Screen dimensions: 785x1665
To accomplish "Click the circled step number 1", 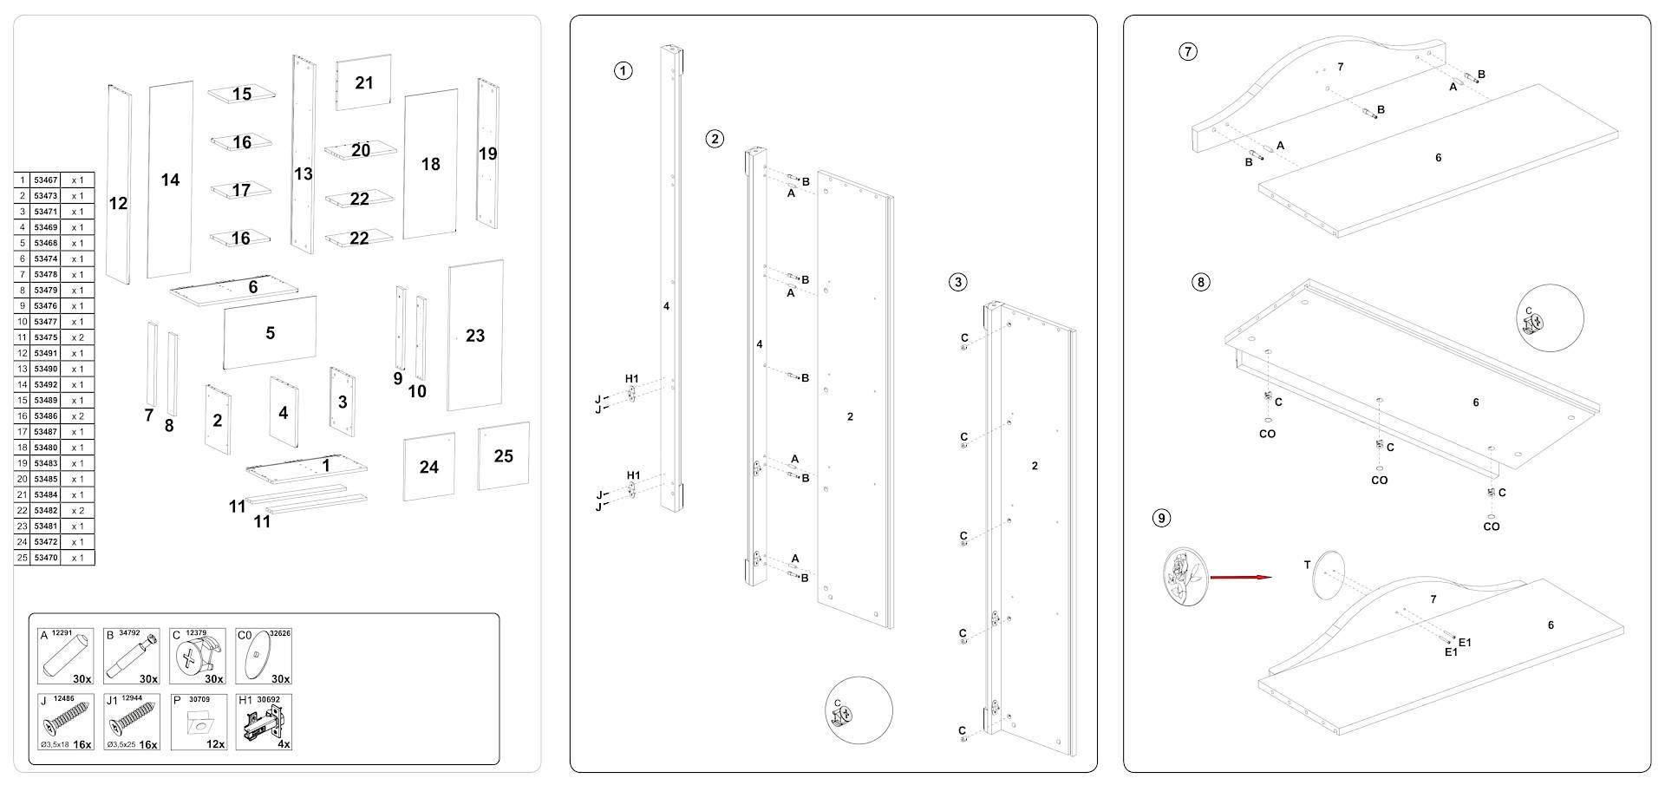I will (623, 71).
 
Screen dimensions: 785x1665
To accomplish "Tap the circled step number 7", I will (1188, 51).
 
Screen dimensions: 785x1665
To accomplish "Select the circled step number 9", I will (1161, 519).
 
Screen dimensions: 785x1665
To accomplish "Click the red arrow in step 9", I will (1240, 577).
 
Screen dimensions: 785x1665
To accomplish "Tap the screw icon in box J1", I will (131, 720).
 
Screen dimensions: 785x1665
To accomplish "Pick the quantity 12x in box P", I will (215, 743).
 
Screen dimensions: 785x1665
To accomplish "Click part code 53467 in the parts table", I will (45, 180).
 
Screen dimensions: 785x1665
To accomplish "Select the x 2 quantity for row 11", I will (77, 337).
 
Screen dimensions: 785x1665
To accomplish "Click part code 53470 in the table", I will (45, 558).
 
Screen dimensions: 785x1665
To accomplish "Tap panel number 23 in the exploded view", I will (475, 336).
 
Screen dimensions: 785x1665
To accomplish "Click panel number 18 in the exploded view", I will (431, 164).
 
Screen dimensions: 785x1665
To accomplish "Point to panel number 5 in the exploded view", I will (270, 333).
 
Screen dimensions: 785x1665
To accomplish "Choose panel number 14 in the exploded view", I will (170, 180).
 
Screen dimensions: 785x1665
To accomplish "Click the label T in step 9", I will (1307, 566).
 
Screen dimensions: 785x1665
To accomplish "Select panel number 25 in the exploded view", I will (503, 456).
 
